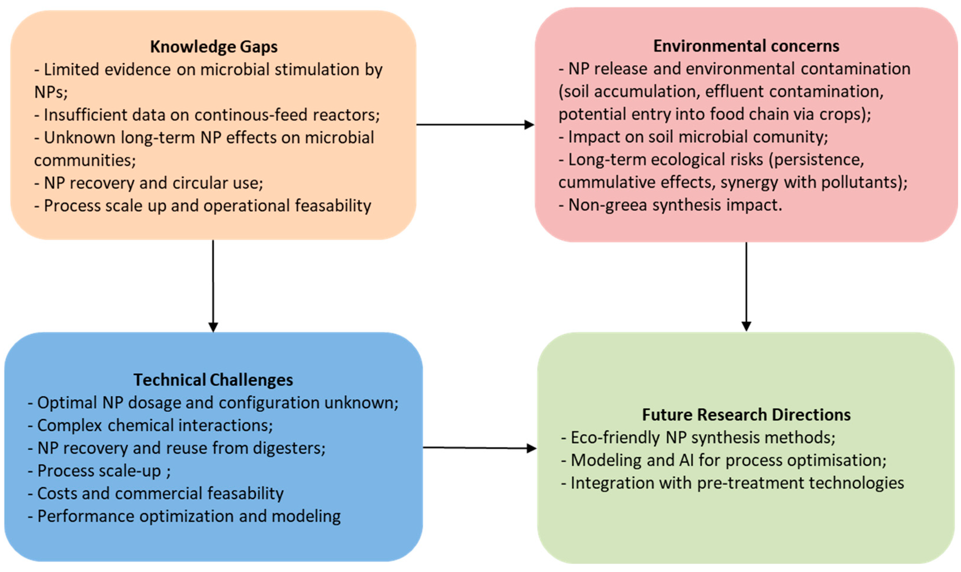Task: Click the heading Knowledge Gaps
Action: [x=214, y=47]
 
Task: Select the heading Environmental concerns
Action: [x=746, y=46]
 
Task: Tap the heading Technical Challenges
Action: [x=213, y=380]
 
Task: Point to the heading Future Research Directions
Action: [x=746, y=415]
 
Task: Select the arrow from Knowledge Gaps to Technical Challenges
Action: [x=213, y=285]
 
